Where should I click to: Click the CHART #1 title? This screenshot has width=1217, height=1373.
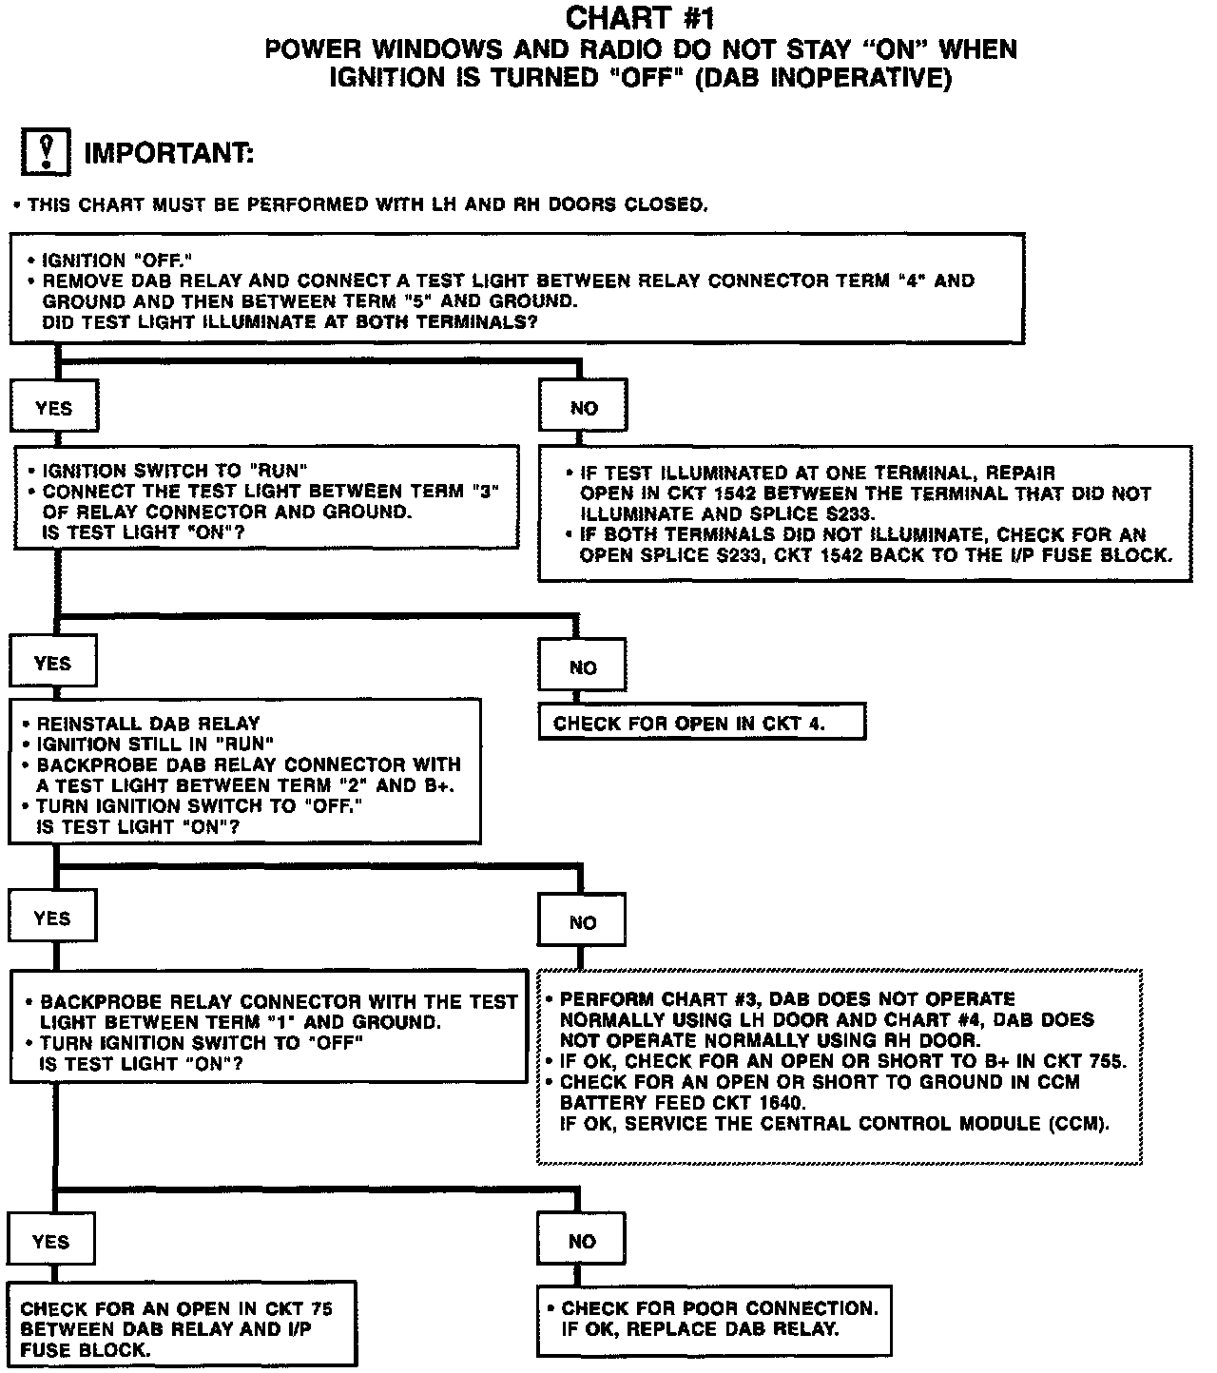pyautogui.click(x=639, y=17)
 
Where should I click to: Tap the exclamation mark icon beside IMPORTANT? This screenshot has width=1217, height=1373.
pyautogui.click(x=46, y=153)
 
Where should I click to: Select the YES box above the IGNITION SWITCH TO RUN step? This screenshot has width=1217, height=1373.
pyautogui.click(x=54, y=408)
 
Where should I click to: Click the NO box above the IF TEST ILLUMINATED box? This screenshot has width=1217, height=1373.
pyautogui.click(x=584, y=408)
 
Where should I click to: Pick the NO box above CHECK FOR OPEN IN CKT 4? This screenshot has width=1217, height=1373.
pyautogui.click(x=582, y=667)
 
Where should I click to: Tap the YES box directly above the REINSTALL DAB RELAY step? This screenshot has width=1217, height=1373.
pyautogui.click(x=52, y=663)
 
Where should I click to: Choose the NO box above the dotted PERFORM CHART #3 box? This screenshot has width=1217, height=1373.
pyautogui.click(x=582, y=922)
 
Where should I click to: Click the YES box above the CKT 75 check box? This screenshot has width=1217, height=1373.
pyautogui.click(x=50, y=1242)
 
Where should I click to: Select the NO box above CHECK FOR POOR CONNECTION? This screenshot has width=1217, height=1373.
pyautogui.click(x=581, y=1242)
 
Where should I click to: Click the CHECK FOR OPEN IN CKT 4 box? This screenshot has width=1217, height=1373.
pyautogui.click(x=702, y=724)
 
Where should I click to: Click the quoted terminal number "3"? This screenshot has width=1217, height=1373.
pyautogui.click(x=482, y=492)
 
